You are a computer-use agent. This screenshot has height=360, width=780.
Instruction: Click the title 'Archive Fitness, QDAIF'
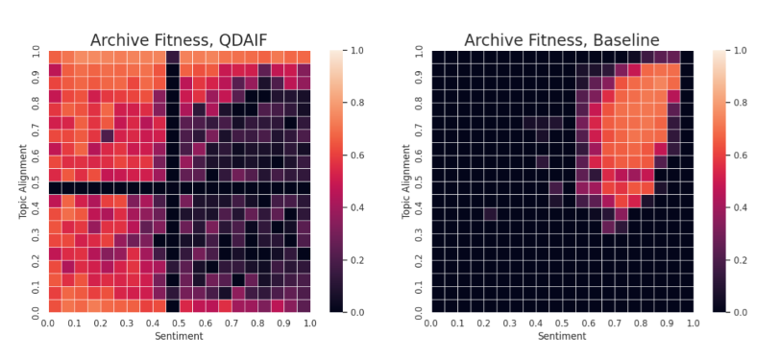pos(179,39)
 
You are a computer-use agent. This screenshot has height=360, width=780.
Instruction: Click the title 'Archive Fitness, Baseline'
pos(561,39)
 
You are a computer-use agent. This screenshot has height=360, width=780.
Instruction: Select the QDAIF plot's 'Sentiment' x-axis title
pos(179,337)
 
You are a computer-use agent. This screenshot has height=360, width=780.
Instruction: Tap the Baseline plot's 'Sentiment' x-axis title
pos(561,337)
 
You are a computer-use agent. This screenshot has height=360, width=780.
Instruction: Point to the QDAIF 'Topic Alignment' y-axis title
pos(22,181)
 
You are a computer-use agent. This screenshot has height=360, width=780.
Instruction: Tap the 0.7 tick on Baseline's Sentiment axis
pos(614,324)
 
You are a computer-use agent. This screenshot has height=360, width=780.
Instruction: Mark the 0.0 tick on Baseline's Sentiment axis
pos(431,324)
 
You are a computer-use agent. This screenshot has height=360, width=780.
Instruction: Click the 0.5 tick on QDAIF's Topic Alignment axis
pos(37,181)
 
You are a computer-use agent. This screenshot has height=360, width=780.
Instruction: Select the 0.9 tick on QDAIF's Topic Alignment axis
pos(37,77)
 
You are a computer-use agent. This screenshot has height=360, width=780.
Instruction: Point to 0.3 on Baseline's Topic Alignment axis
pos(419,234)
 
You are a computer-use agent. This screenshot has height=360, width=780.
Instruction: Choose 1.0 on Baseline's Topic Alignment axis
pos(419,51)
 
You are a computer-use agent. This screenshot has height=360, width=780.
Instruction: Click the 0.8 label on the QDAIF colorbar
pos(363,103)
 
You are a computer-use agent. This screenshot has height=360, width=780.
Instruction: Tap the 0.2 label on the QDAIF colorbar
pos(363,260)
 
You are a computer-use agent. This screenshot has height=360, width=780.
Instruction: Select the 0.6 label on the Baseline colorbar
pos(745,156)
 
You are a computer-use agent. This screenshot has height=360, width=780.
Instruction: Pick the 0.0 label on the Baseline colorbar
pos(745,313)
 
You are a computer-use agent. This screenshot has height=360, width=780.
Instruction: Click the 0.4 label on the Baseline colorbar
pos(745,207)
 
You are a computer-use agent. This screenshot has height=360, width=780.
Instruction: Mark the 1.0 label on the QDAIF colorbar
pos(363,51)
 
